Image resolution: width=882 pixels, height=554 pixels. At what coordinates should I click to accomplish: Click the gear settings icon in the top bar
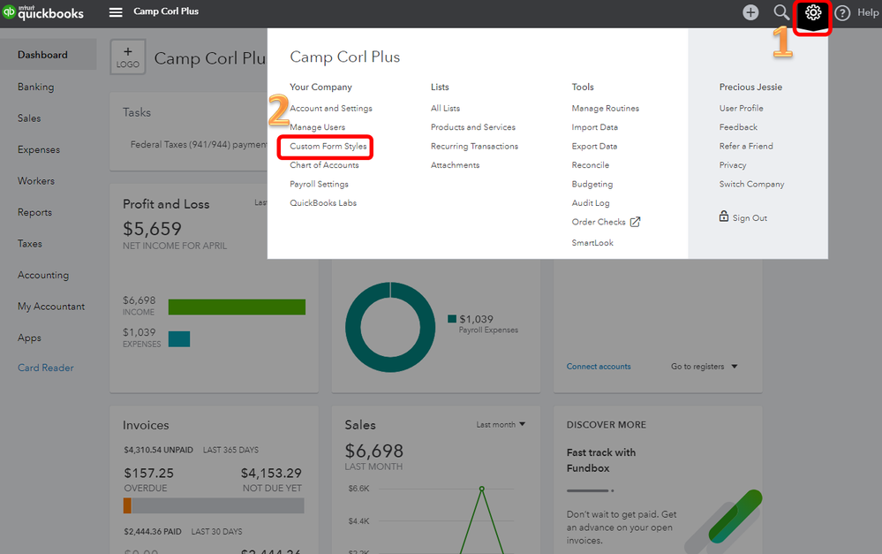click(x=813, y=12)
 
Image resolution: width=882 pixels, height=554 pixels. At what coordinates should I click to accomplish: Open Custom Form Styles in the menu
click(x=328, y=146)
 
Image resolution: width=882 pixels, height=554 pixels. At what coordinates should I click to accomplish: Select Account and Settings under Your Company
click(x=331, y=108)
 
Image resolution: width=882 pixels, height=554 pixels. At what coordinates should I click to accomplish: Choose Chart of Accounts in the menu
click(x=324, y=165)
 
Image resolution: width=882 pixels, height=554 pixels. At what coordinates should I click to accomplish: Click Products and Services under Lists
click(x=472, y=127)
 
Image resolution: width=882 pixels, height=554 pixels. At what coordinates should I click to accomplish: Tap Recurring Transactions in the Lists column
click(x=474, y=146)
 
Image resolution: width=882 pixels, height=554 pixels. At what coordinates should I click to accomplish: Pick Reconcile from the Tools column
click(x=590, y=165)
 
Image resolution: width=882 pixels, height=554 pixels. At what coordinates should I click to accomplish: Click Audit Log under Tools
click(x=590, y=203)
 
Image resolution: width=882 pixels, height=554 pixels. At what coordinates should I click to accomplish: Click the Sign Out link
click(x=749, y=218)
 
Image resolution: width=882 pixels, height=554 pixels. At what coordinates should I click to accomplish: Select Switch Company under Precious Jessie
click(x=751, y=184)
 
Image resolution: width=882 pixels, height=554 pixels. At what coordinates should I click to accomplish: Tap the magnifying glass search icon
click(x=781, y=12)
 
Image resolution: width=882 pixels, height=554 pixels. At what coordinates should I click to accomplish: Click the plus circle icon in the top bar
click(x=750, y=12)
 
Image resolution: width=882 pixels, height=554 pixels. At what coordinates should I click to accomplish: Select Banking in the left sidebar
click(x=35, y=87)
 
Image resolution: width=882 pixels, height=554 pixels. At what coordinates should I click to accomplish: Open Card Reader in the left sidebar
click(x=46, y=368)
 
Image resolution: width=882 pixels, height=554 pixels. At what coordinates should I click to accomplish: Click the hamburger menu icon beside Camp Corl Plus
click(x=116, y=12)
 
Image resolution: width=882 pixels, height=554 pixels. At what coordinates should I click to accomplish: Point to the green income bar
click(x=237, y=307)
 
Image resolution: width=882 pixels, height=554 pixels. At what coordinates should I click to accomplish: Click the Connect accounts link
click(x=599, y=367)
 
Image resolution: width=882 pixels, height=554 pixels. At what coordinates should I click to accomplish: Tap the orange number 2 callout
click(x=278, y=110)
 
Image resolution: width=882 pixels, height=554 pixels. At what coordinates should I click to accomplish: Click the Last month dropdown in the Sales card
click(x=501, y=424)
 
